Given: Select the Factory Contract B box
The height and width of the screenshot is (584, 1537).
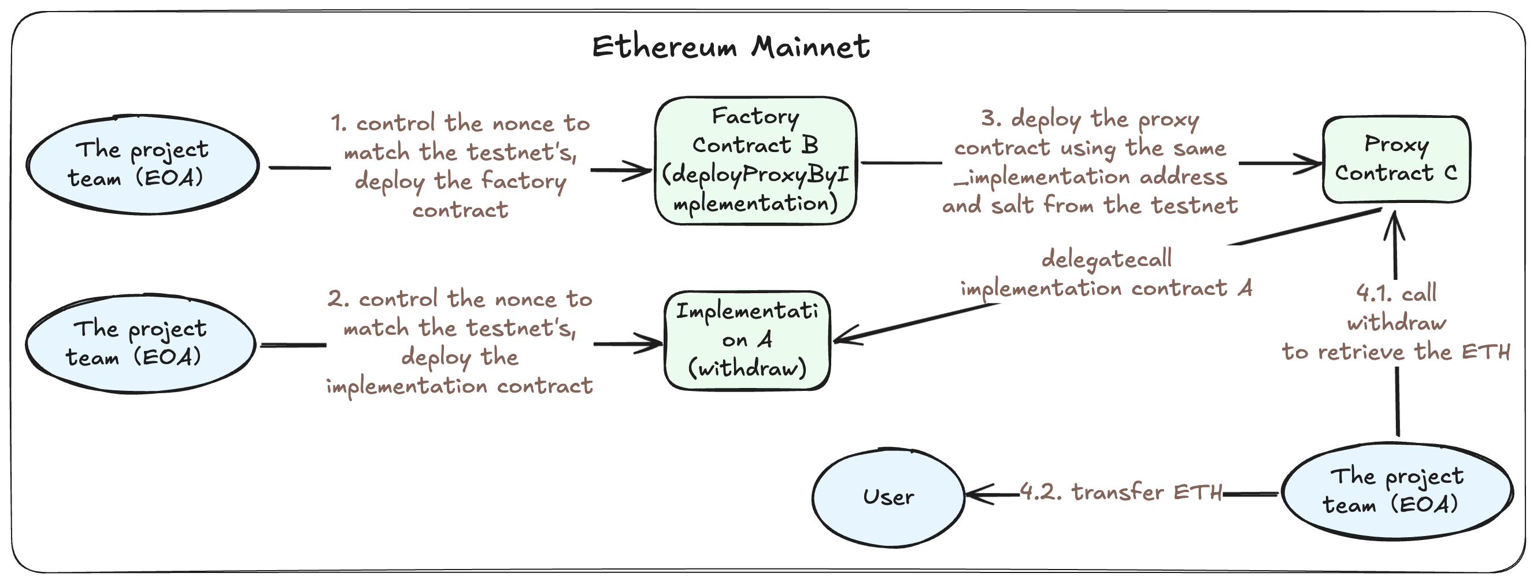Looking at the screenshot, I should [x=755, y=161].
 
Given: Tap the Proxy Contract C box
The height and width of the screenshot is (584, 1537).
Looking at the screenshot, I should [x=1395, y=160].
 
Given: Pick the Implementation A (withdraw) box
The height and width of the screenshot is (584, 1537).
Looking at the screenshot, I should [x=747, y=341].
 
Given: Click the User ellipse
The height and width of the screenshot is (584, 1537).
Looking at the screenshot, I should [x=888, y=497].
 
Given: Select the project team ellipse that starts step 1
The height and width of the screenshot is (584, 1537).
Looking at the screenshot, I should [x=142, y=164].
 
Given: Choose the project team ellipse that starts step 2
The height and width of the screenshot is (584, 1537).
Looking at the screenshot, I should [x=140, y=343].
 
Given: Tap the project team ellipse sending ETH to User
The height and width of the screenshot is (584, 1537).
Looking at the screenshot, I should [x=1396, y=491].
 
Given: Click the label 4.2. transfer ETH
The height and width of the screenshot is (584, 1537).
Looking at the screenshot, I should [x=1121, y=493].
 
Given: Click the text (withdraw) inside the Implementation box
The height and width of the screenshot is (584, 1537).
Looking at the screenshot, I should [x=747, y=368].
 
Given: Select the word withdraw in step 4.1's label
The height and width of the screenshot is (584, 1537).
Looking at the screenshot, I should [x=1396, y=323].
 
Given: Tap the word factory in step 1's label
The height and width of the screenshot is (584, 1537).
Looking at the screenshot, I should [x=523, y=180].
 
